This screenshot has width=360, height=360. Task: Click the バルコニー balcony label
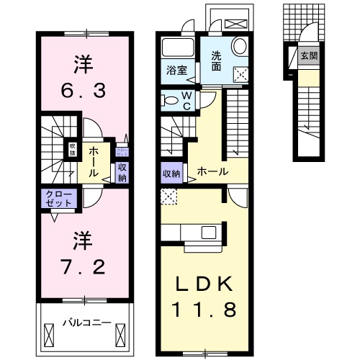[86, 322]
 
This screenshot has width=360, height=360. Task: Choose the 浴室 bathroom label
[176, 71]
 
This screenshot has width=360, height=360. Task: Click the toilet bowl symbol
[169, 100]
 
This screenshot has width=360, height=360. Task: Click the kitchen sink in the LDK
[209, 232]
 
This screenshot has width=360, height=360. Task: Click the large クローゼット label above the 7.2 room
[60, 199]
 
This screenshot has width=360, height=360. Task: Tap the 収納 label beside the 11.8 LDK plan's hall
[171, 173]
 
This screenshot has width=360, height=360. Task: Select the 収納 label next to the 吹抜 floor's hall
[122, 172]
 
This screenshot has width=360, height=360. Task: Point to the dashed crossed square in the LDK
[169, 195]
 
